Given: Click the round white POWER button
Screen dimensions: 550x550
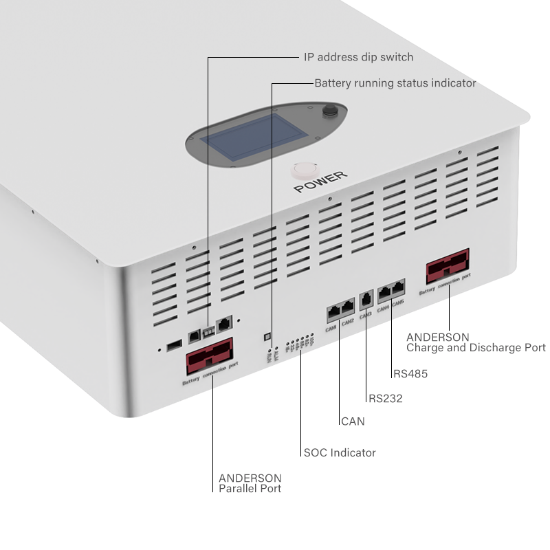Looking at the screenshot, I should click(302, 171).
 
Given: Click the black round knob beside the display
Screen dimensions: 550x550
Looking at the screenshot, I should click(331, 111).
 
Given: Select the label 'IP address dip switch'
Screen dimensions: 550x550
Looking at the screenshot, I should click(358, 57).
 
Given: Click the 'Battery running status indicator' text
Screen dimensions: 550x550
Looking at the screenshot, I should click(395, 83).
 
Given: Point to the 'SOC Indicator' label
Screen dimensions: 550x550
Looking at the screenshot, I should click(340, 452).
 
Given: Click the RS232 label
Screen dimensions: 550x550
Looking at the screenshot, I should click(386, 398).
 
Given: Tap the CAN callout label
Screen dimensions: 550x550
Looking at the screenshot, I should click(353, 421).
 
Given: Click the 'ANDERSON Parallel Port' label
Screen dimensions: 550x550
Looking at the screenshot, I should click(250, 483).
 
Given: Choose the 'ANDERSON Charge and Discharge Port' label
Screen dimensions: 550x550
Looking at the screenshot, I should click(476, 342).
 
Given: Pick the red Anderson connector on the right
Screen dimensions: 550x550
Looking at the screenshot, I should click(448, 267).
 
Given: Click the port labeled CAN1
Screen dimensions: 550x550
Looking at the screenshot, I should click(333, 311).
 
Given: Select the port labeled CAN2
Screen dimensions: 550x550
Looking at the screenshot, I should click(347, 307).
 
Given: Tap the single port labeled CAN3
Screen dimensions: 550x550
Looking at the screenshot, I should click(366, 299).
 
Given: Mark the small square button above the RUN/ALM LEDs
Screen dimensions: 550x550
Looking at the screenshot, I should click(267, 337).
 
